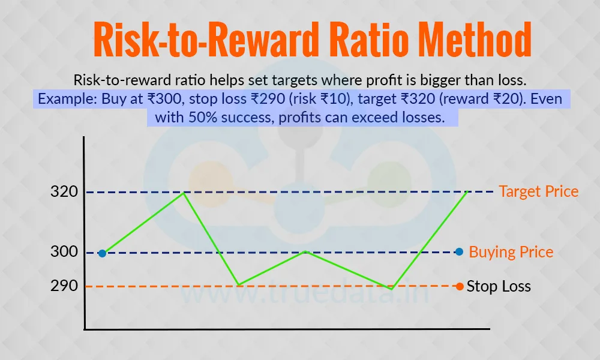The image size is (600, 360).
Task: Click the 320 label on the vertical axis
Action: coord(64,191)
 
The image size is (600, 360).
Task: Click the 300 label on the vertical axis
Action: coord(64,251)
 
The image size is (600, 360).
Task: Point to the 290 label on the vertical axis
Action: coord(64,286)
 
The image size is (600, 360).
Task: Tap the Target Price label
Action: coord(538,191)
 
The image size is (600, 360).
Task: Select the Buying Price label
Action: coord(511,252)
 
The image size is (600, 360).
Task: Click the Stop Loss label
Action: coord(499,286)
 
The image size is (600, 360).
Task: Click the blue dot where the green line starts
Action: coord(102,253)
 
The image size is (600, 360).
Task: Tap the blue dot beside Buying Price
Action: coord(459,252)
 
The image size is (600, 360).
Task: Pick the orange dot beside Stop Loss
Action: coord(460,286)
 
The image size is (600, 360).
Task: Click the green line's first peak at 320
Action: coord(184,193)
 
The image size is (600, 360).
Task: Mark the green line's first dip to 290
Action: coord(238,285)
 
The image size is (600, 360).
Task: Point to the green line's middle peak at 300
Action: coord(305,251)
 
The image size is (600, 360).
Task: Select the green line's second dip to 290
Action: coord(391,289)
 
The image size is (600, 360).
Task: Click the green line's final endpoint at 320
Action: coord(467,191)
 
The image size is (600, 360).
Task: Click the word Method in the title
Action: coord(475,40)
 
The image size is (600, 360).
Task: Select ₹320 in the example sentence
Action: coord(418,99)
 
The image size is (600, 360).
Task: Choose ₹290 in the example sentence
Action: coord(268,99)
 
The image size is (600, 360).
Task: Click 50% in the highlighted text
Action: coord(203,117)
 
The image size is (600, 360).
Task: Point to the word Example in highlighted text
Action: coord(68,99)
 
